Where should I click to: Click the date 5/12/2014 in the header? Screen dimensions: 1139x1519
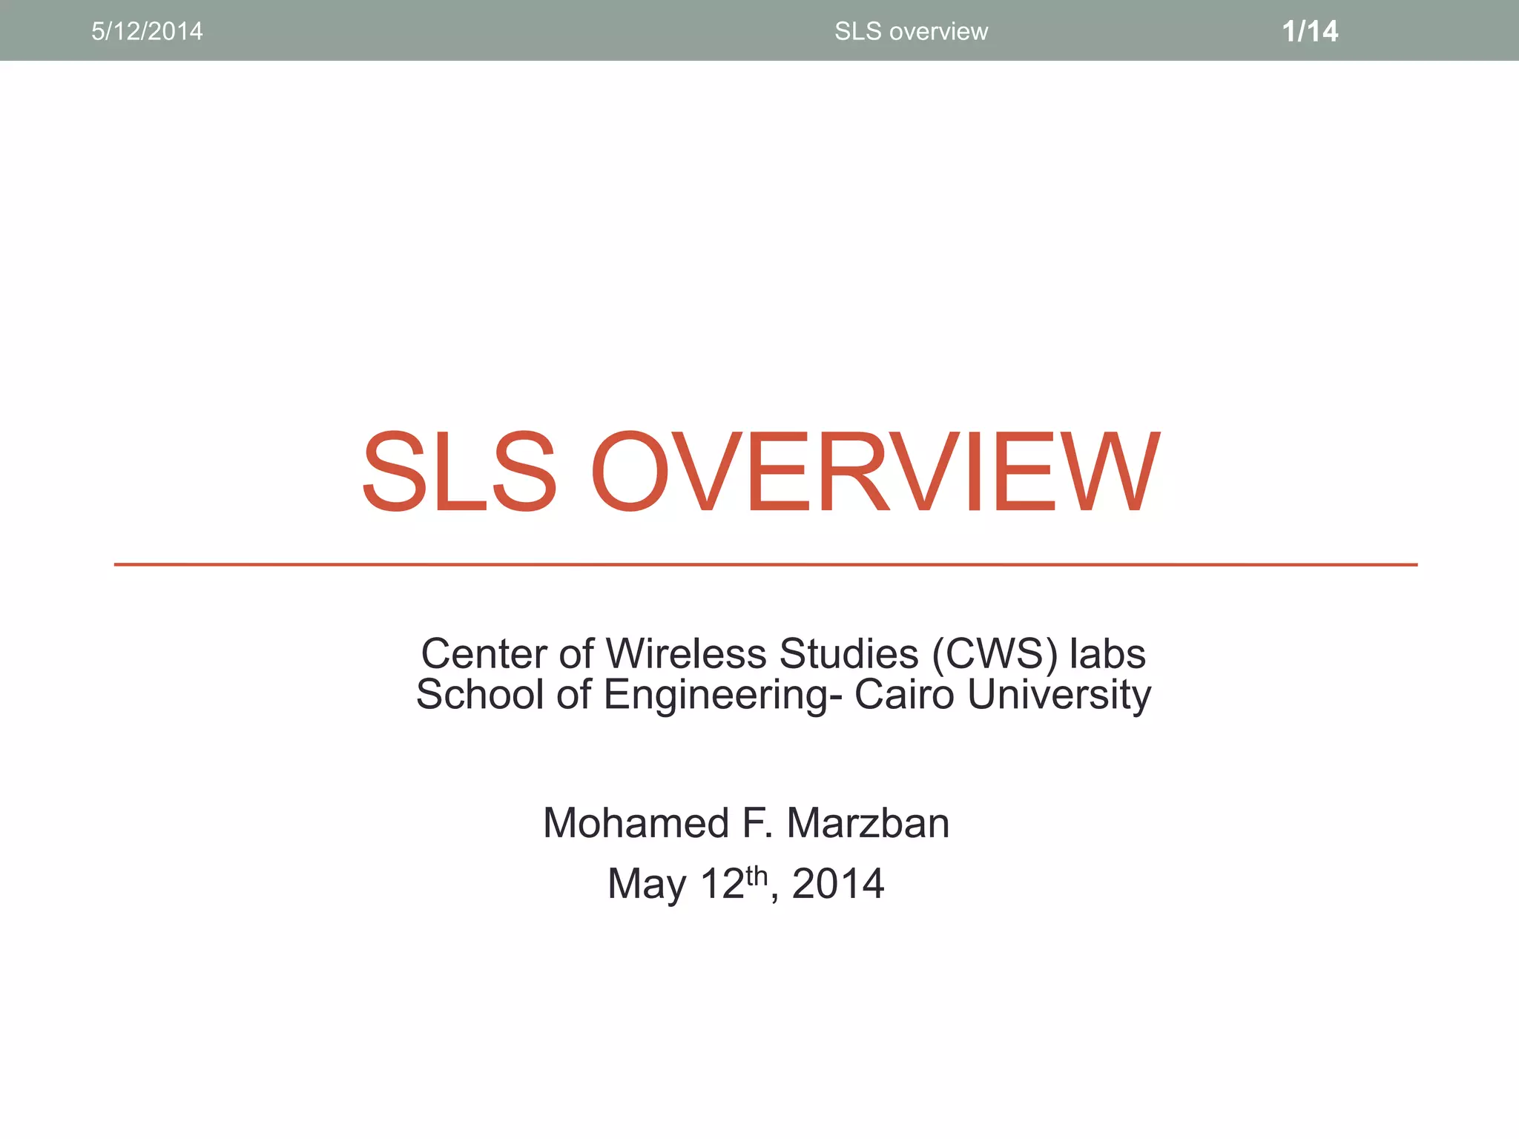147,31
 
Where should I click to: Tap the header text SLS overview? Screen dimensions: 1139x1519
911,31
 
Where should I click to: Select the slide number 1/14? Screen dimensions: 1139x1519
1310,31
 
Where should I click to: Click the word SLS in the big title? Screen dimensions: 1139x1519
458,472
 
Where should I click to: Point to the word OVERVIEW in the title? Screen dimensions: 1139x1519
875,472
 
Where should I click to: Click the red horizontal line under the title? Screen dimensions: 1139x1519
765,565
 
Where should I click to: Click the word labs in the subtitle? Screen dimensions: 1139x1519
1107,654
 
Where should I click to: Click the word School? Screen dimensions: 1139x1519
480,695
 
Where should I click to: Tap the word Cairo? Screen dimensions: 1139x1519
904,695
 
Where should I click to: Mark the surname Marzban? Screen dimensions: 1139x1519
868,823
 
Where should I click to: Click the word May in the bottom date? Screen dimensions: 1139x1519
647,885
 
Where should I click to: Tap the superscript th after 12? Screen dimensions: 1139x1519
757,875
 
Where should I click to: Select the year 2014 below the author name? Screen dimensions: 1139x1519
838,884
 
